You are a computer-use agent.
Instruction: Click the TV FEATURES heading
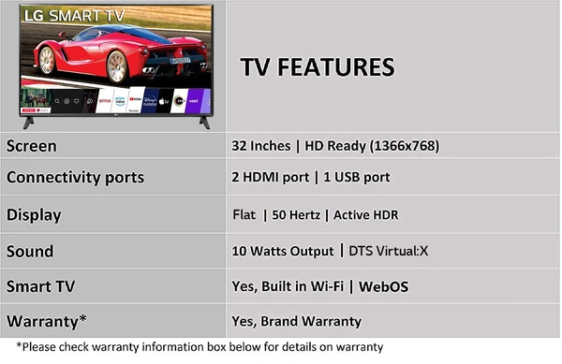point(318,67)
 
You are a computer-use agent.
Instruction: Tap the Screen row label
point(32,146)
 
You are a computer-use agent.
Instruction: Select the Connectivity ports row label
point(75,177)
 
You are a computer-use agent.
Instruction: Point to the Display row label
point(34,214)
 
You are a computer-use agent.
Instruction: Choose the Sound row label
point(30,252)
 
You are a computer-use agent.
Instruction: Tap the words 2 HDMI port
point(270,177)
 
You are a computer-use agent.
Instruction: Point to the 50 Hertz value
point(297,215)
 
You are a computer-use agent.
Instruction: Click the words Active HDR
point(366,215)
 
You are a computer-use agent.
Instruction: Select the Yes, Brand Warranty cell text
point(296,321)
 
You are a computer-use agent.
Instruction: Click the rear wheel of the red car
point(118,66)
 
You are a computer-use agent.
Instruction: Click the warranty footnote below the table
point(200,347)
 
